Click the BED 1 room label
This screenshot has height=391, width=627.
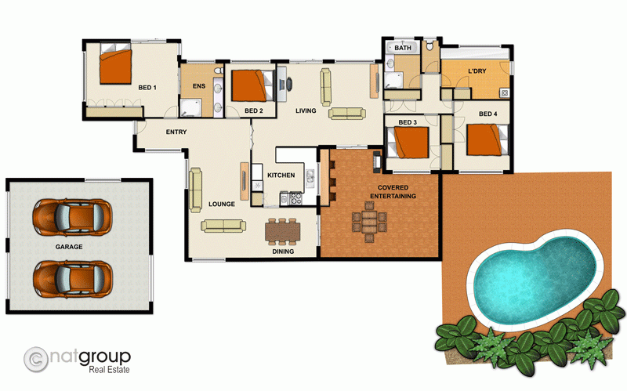[147, 87]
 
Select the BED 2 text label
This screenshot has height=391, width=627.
[253, 110]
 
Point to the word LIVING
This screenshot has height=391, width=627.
[306, 110]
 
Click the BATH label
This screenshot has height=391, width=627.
[403, 49]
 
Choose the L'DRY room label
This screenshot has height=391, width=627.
[477, 72]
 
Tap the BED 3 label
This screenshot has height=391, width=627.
[408, 122]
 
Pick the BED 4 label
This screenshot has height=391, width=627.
[487, 114]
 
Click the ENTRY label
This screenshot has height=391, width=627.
[176, 132]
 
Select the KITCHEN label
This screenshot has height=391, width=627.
[281, 175]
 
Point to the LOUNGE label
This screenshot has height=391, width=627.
[223, 205]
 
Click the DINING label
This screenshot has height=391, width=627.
[283, 252]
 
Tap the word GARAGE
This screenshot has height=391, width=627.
[70, 246]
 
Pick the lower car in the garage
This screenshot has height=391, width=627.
[71, 277]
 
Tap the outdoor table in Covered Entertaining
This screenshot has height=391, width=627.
[368, 219]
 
